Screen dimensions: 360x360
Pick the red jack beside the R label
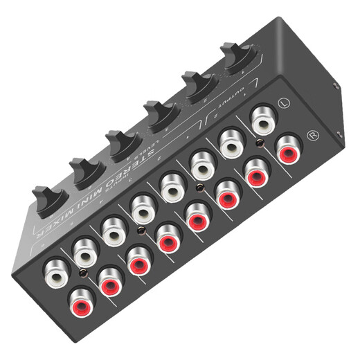pyautogui.click(x=288, y=147)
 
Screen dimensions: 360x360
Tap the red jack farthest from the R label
pyautogui.click(x=82, y=302)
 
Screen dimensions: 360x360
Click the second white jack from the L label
pyautogui.click(x=233, y=142)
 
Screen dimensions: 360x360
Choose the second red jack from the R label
pyautogui.click(x=257, y=171)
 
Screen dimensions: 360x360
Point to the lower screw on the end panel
pyautogui.click(x=339, y=136)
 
